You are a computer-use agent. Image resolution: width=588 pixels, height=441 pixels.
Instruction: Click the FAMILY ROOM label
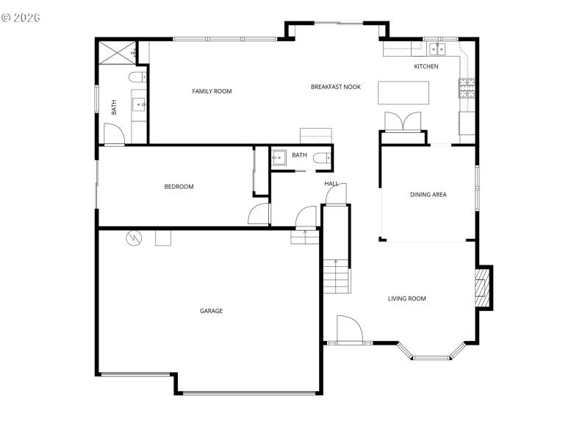click(x=212, y=91)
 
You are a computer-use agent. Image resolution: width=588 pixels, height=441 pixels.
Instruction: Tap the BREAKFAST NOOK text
click(x=335, y=87)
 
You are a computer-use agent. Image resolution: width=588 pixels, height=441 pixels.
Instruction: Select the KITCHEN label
click(x=426, y=67)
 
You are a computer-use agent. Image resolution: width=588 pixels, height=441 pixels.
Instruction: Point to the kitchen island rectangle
click(x=404, y=93)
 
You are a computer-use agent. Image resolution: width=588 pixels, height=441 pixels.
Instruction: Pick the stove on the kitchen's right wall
click(x=467, y=89)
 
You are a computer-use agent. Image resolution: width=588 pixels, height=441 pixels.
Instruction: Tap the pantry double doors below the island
click(x=403, y=121)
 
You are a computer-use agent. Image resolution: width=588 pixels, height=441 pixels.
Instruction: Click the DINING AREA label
click(x=428, y=195)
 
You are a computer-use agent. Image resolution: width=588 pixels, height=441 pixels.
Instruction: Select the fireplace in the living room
click(x=483, y=287)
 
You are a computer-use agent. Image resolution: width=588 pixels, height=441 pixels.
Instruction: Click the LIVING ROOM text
click(x=406, y=298)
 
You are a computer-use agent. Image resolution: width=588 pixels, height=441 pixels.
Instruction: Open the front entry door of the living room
click(x=349, y=329)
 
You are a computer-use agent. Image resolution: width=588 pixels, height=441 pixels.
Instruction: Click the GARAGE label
click(x=211, y=311)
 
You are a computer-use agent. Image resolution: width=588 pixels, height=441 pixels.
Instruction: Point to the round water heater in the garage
click(x=134, y=237)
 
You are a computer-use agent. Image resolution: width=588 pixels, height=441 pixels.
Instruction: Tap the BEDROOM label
click(x=179, y=187)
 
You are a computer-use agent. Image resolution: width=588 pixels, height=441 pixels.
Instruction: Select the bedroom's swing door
click(x=259, y=214)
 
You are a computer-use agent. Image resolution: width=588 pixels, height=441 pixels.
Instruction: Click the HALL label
click(x=331, y=183)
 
